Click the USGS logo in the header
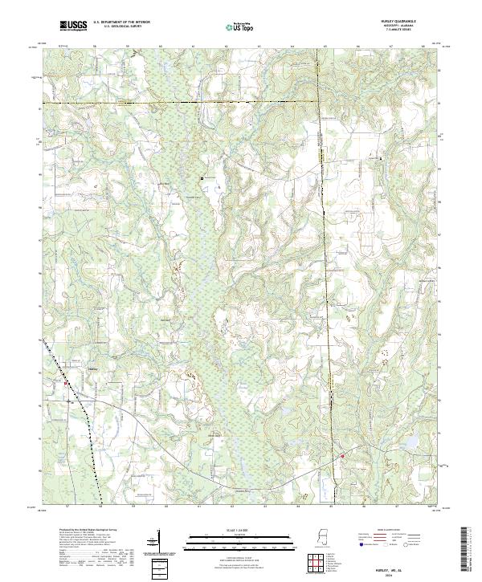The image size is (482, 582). pyautogui.click(x=73, y=26)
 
